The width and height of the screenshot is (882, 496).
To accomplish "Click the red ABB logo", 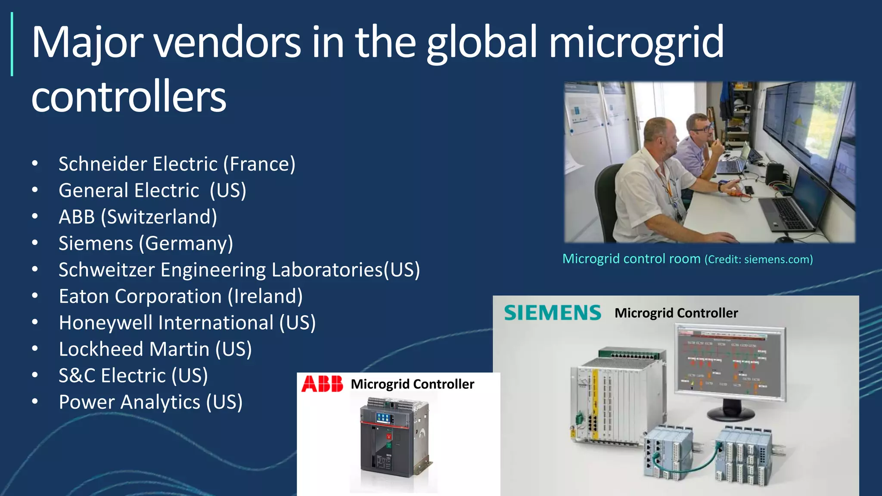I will pos(322,384).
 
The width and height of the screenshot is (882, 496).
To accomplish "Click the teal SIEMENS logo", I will pos(553,313).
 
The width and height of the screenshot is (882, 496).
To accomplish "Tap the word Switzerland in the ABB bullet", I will pos(159,217).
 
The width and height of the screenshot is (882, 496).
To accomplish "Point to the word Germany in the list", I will pos(186,244).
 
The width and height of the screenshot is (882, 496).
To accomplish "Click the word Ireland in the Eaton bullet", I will pos(265,296).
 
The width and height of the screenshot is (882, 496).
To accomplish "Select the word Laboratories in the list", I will pos(327,270).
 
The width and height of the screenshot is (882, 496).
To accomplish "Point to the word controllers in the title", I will pos(128,96).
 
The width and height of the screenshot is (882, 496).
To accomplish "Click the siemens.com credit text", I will pos(778,260).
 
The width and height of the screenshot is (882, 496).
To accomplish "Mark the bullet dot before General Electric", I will pos(35,190).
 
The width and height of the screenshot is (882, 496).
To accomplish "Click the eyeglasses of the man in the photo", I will pos(703,128).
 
